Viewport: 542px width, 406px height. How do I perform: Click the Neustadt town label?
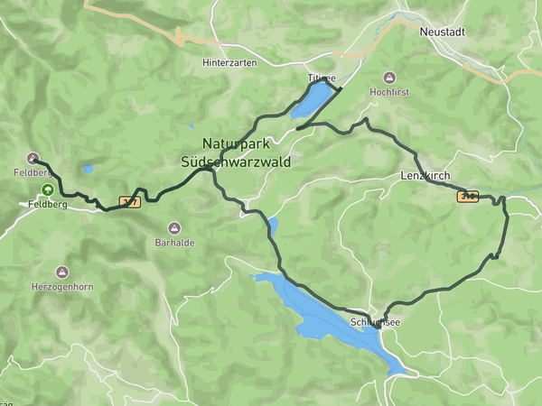pyautogui.click(x=443, y=31)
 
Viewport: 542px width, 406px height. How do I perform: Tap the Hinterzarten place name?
pyautogui.click(x=229, y=62)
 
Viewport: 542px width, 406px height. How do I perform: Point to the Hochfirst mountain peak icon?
pyautogui.click(x=389, y=78)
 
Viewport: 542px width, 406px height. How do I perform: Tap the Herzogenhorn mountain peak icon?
pyautogui.click(x=61, y=272)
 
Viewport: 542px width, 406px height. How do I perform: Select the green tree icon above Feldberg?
pyautogui.click(x=46, y=189)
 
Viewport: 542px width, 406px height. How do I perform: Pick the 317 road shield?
pyautogui.click(x=129, y=202)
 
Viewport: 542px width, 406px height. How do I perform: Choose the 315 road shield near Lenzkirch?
pyautogui.click(x=467, y=196)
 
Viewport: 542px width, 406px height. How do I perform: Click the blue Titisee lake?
pyautogui.click(x=313, y=99)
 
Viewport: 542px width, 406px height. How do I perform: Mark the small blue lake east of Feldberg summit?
pyautogui.click(x=88, y=168)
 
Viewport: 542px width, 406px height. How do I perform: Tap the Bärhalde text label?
pyautogui.click(x=174, y=243)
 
